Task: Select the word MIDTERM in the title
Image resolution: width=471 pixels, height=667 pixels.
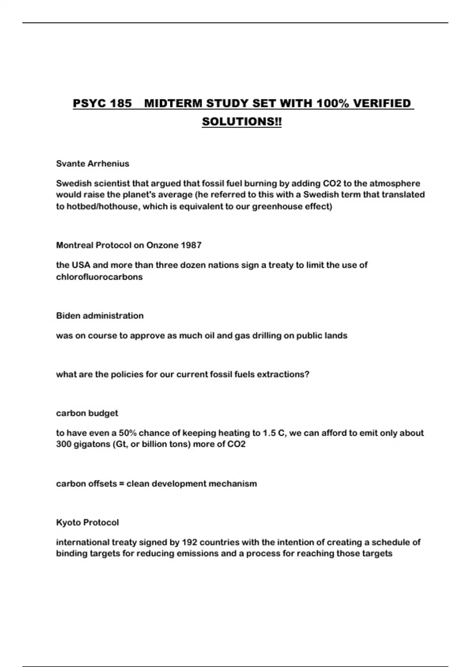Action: [173, 104]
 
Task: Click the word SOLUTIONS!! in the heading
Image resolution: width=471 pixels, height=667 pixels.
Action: [242, 122]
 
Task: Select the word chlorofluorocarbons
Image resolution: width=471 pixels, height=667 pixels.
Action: [99, 277]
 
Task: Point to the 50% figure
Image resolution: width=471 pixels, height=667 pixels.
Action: [128, 433]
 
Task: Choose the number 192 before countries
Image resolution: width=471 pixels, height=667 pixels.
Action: [190, 543]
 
